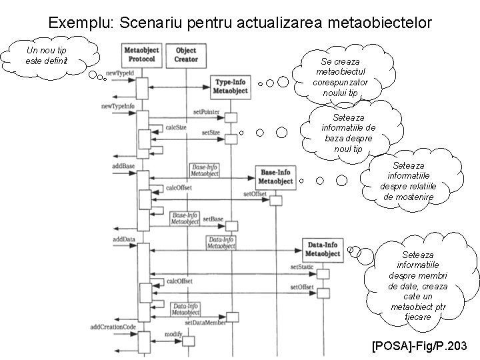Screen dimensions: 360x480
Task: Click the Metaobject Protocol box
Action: coord(141,54)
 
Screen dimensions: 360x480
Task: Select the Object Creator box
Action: coord(186,54)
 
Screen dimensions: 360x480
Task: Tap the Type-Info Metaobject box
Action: coord(230,86)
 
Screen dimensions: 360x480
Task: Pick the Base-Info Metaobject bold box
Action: coord(275,176)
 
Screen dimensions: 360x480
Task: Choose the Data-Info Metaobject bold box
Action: coord(323,249)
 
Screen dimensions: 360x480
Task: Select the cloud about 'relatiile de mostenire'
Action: coord(407,181)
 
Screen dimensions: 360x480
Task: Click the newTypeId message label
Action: coord(120,71)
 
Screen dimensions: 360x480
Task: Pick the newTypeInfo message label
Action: coord(118,106)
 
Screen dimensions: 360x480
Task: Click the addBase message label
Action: coord(124,165)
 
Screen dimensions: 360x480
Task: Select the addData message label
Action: coord(124,238)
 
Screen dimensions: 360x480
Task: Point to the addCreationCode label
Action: coord(113,327)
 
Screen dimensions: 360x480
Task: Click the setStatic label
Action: coord(301,267)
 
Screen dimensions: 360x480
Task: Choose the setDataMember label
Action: coord(205,323)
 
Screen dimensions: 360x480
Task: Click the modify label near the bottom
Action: coord(173,333)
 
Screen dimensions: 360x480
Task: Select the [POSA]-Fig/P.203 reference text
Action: coord(420,345)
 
